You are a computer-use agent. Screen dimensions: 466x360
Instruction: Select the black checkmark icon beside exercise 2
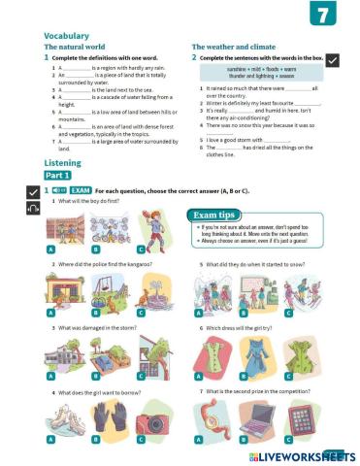tap(332, 60)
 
